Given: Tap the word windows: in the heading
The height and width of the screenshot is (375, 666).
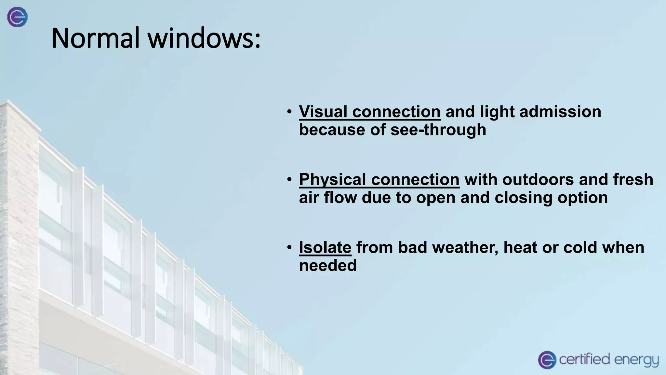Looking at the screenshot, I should [204, 38].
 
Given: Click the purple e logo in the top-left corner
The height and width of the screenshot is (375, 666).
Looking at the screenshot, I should [18, 17].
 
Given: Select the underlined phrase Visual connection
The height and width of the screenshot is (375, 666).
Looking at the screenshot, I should [370, 112].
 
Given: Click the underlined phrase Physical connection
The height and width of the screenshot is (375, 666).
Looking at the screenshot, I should [379, 180].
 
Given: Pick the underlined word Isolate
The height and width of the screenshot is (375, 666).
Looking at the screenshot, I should [325, 247].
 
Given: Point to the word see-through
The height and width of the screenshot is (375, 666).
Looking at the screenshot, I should [438, 130].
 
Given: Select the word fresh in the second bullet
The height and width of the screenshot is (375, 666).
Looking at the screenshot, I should [633, 180].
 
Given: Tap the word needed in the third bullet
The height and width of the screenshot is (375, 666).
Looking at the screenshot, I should [328, 265].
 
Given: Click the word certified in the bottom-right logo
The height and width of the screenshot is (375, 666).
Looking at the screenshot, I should [584, 359].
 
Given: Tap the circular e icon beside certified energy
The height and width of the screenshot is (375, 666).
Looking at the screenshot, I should [547, 360].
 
